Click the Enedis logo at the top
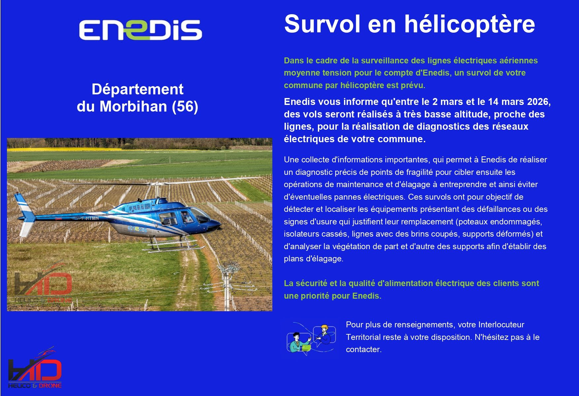(140, 29)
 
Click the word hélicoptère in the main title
(469, 24)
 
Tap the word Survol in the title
(322, 24)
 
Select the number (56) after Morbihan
(185, 106)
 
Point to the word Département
(137, 89)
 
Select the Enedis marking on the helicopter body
(137, 228)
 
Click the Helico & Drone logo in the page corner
(35, 369)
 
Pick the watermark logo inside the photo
(43, 284)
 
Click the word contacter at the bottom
(363, 349)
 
